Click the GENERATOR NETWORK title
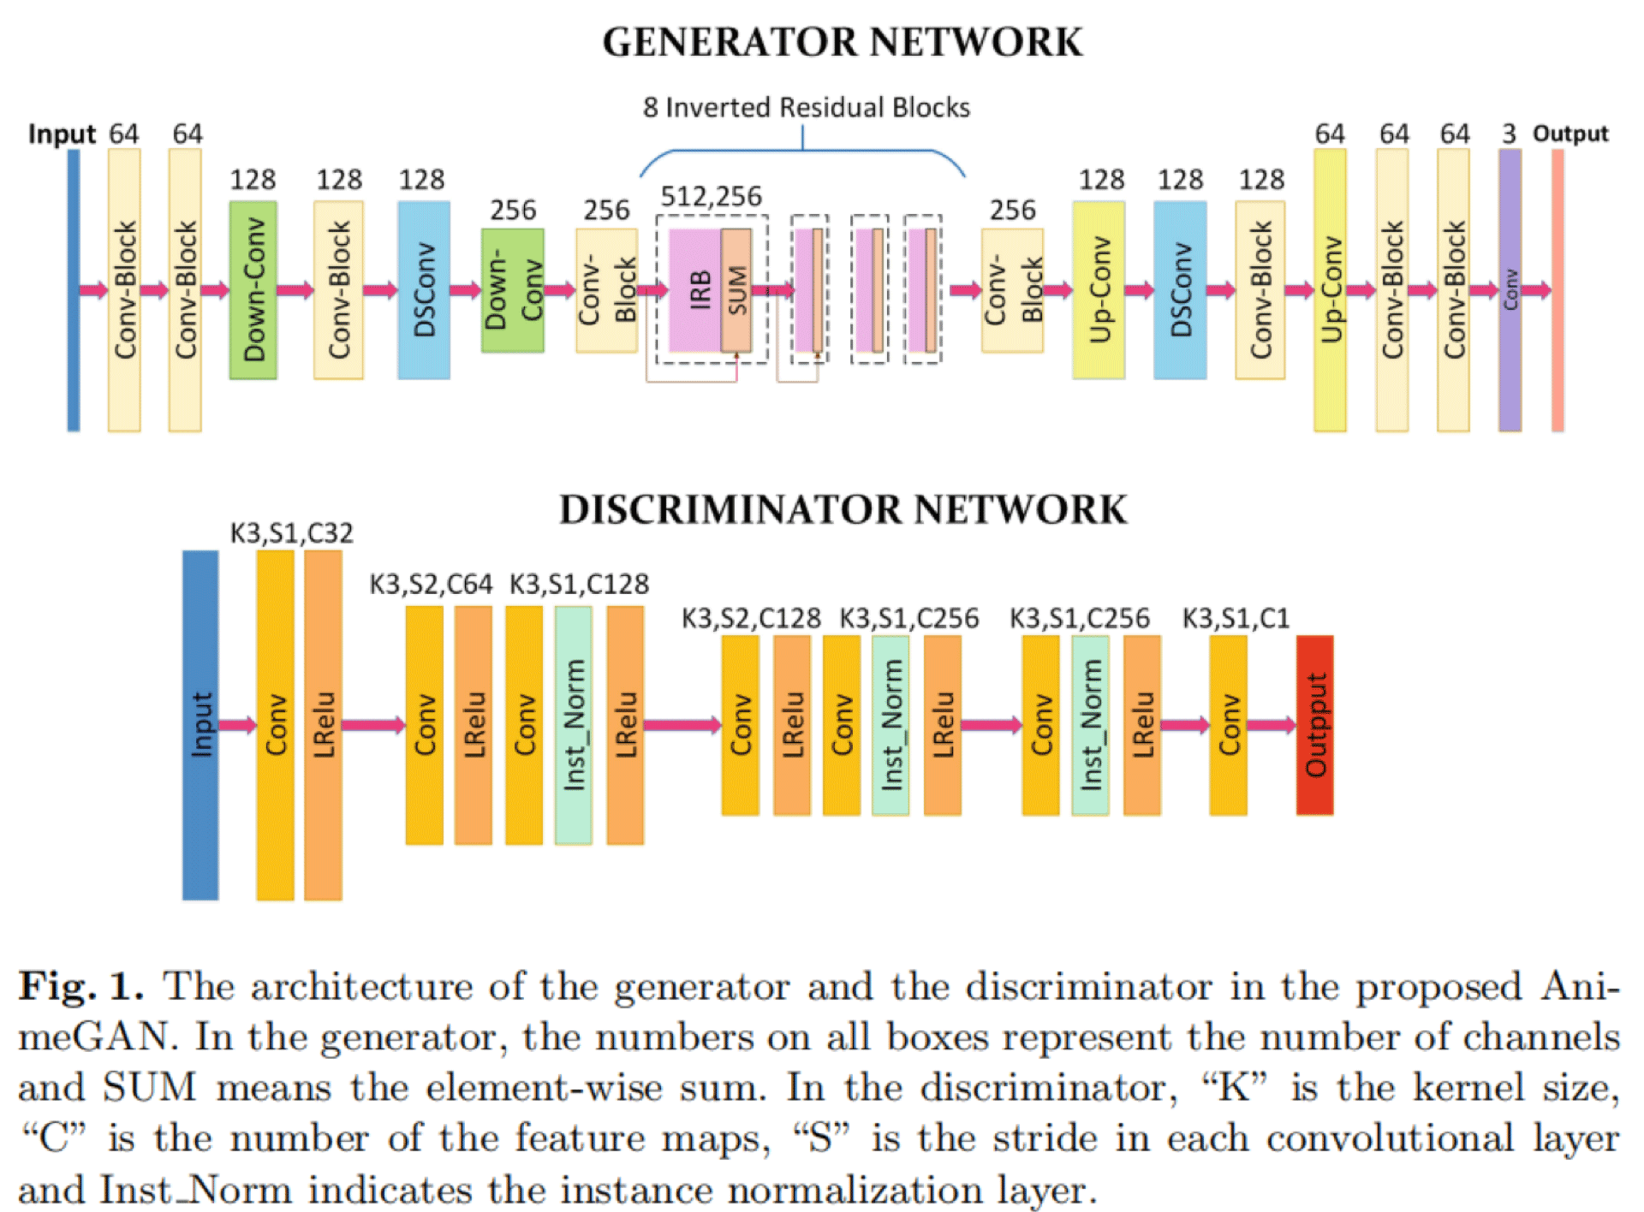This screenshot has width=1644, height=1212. point(843,42)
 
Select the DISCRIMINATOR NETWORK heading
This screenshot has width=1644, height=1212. point(843,509)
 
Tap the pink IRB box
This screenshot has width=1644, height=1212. point(695,290)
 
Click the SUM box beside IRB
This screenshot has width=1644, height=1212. point(736,290)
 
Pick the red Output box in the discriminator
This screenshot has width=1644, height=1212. point(1314,725)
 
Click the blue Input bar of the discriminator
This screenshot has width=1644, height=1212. point(200,725)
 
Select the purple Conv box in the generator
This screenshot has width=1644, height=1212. point(1510,290)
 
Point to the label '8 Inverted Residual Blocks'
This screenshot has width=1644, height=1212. point(806,108)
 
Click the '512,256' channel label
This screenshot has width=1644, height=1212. point(711,197)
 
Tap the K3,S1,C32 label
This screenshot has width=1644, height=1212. point(291,533)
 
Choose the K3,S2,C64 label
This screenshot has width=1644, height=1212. point(431,585)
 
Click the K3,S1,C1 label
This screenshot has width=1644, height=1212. point(1236,618)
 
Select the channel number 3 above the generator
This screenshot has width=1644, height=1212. point(1509,134)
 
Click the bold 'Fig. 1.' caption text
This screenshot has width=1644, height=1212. point(80,987)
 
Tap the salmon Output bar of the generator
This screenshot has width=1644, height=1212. point(1558,290)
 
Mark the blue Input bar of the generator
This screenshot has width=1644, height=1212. point(74,290)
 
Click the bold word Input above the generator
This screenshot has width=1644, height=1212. point(62,134)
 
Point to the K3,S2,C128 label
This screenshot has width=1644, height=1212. point(751,618)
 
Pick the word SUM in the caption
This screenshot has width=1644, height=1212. point(150,1088)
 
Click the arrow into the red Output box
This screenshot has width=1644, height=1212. point(1272,726)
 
